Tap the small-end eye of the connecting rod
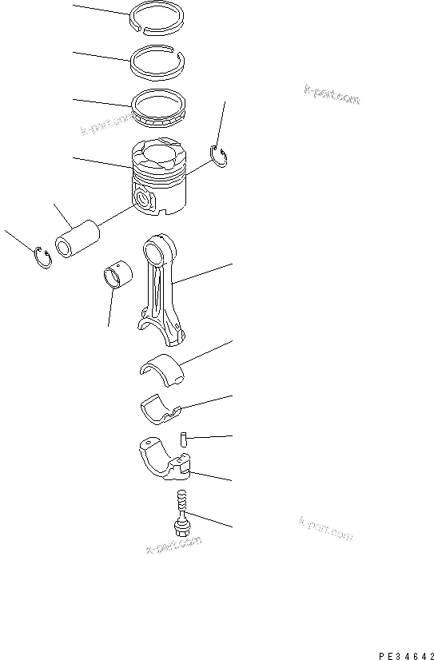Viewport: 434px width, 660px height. tap(161, 243)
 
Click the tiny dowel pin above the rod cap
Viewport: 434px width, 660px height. tap(183, 439)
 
